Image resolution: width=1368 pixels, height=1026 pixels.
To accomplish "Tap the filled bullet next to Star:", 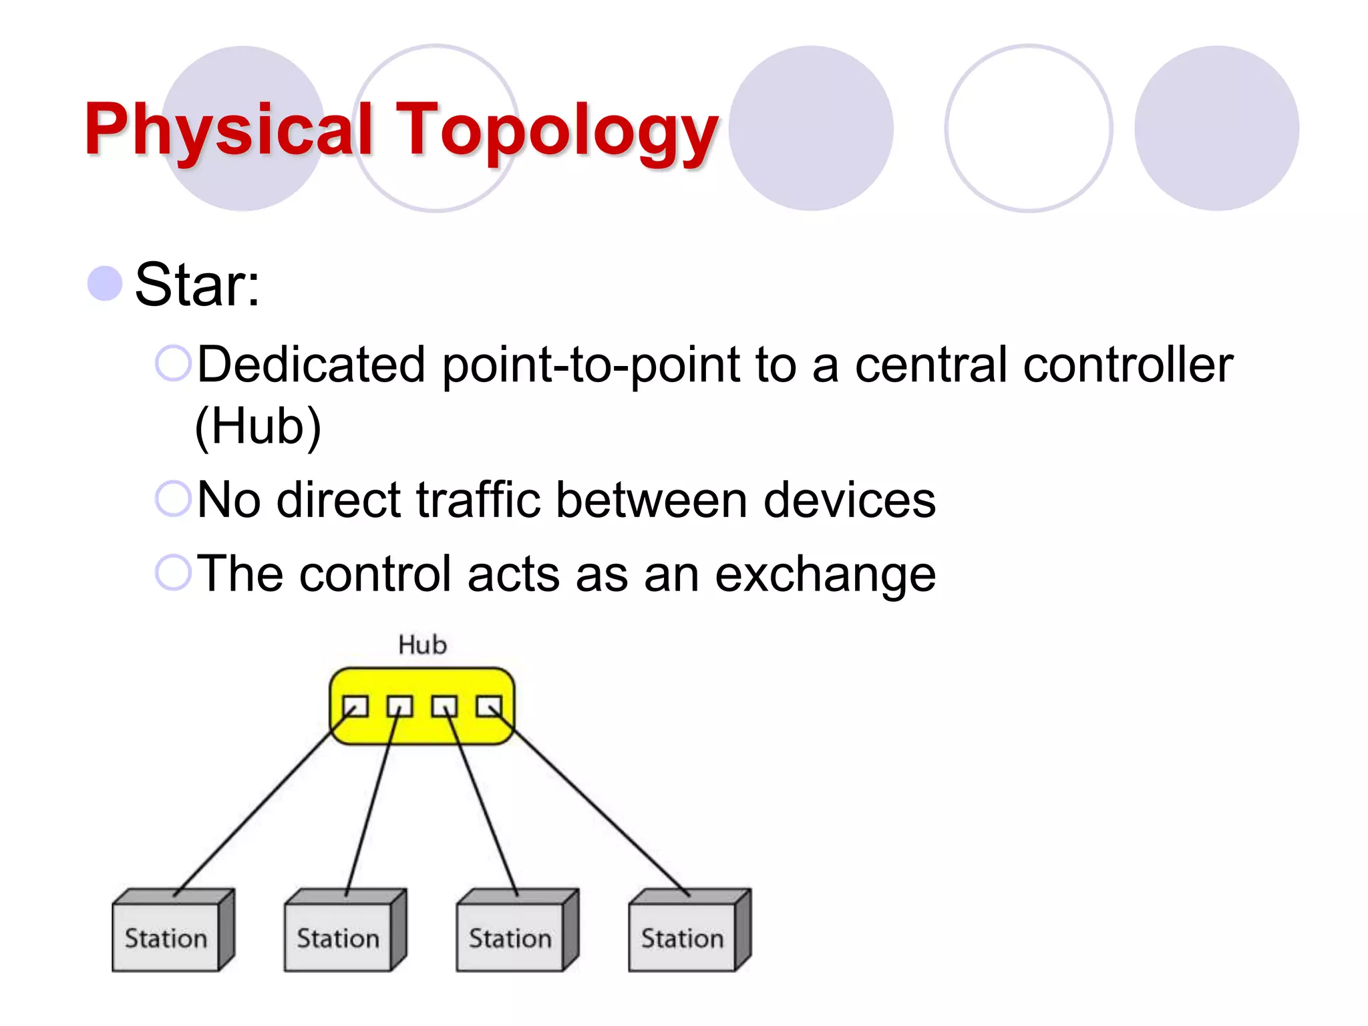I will point(105,283).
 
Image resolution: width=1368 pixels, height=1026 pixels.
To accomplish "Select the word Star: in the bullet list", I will point(197,285).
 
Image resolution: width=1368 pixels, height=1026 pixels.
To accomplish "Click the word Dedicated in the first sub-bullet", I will point(311,365).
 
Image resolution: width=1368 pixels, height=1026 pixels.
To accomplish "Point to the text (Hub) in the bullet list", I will point(258,427).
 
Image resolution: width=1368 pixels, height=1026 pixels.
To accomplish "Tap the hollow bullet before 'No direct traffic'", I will point(173,499).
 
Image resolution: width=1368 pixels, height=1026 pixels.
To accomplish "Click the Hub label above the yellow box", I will point(422,645).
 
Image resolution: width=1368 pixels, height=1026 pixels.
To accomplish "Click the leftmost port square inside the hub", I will point(355,706).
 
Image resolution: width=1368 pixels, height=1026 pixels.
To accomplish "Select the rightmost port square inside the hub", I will point(488,706).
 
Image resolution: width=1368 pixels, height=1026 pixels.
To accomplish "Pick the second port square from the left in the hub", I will point(399,706).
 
